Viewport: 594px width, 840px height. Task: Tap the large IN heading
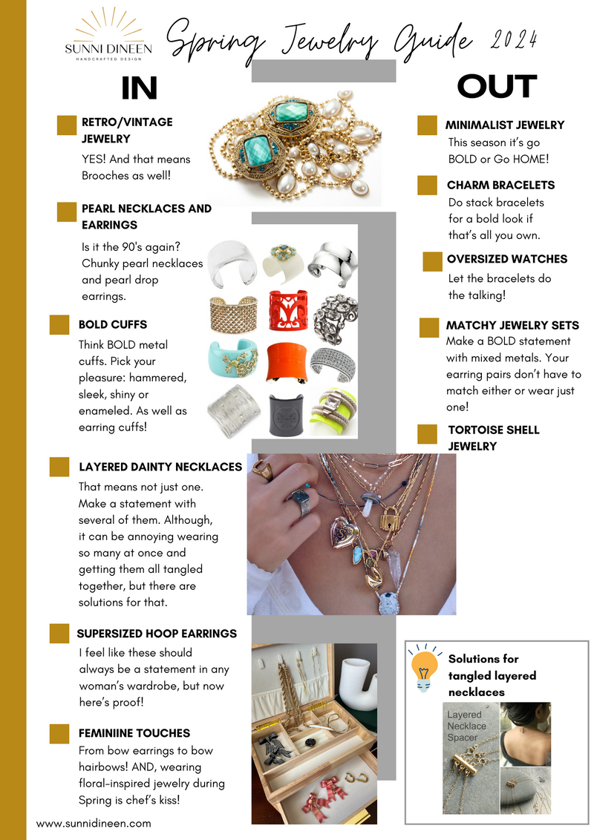click(x=140, y=88)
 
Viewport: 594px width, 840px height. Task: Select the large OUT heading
click(x=496, y=86)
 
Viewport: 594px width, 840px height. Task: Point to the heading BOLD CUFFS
click(x=113, y=324)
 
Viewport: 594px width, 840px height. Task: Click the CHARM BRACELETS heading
click(x=500, y=185)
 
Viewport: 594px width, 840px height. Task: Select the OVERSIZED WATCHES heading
click(x=506, y=259)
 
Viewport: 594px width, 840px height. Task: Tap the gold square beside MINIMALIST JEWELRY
click(x=427, y=125)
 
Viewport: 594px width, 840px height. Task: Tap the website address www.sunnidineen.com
click(x=94, y=823)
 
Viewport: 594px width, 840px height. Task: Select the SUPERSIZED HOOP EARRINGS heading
click(x=157, y=634)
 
